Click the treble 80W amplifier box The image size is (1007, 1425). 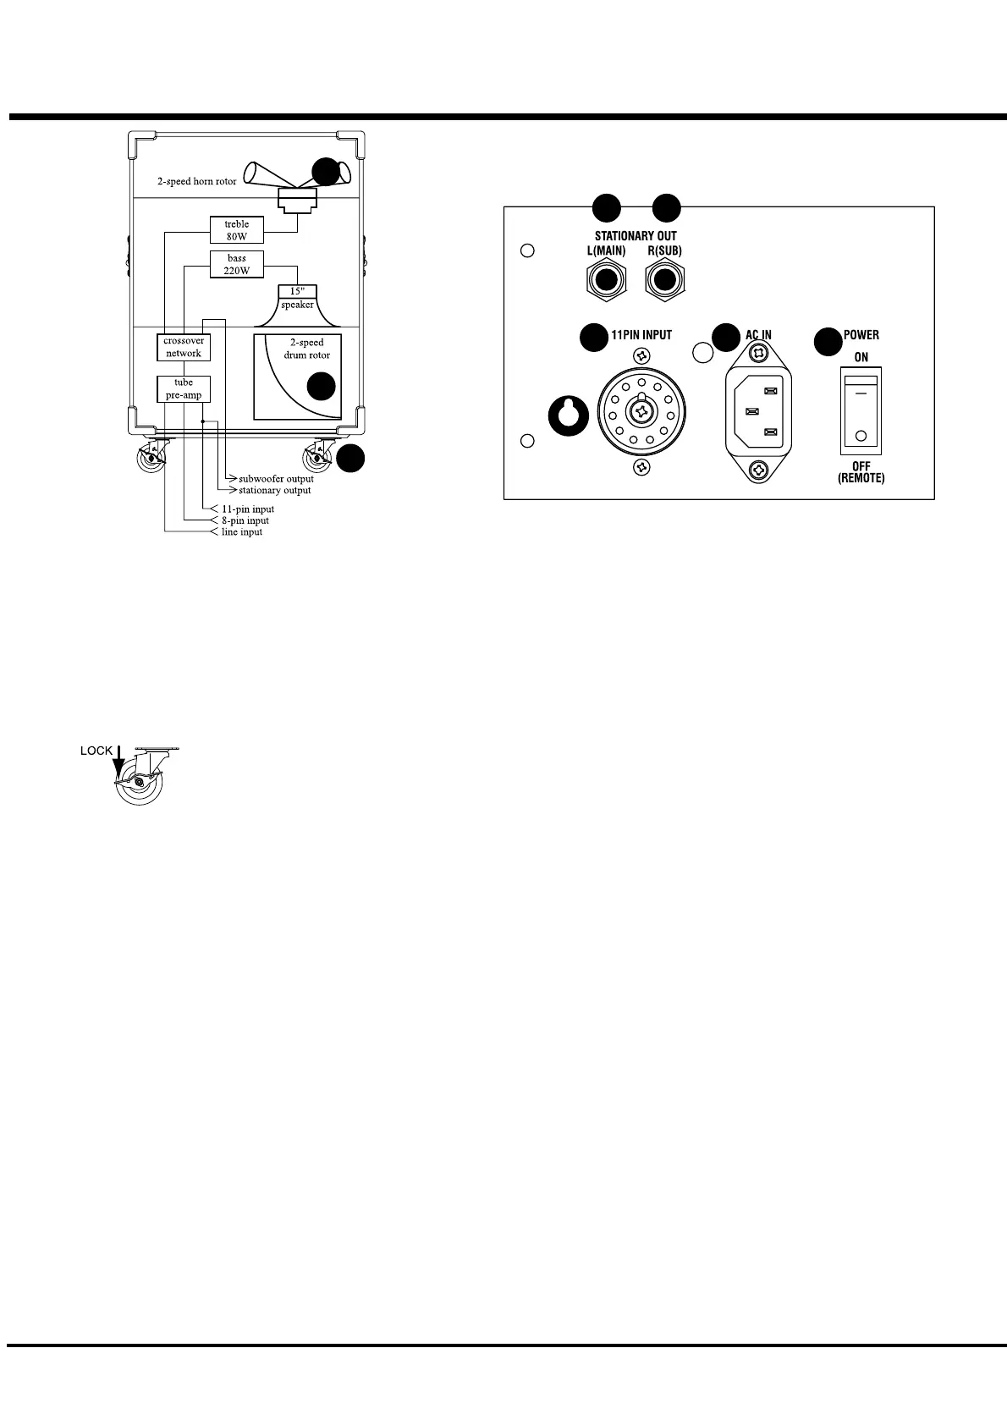pos(237,230)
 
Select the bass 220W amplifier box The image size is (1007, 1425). pos(237,264)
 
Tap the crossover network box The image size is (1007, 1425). pos(184,347)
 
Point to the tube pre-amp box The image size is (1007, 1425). pos(184,388)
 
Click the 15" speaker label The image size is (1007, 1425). pos(297,298)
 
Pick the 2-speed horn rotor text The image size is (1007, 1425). pos(197,182)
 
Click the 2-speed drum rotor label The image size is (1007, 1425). pos(306,349)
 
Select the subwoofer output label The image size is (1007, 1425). pos(276,479)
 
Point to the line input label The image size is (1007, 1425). pos(242,532)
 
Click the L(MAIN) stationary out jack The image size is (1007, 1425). pos(606,280)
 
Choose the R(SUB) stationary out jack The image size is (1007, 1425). pos(665,280)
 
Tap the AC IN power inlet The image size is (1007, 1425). pos(759,411)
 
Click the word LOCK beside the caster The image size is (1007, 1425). pos(96,751)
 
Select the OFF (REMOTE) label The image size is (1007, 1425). pos(861,472)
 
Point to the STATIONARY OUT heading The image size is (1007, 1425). pos(636,236)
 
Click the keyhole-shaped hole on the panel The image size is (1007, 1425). pos(568,415)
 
